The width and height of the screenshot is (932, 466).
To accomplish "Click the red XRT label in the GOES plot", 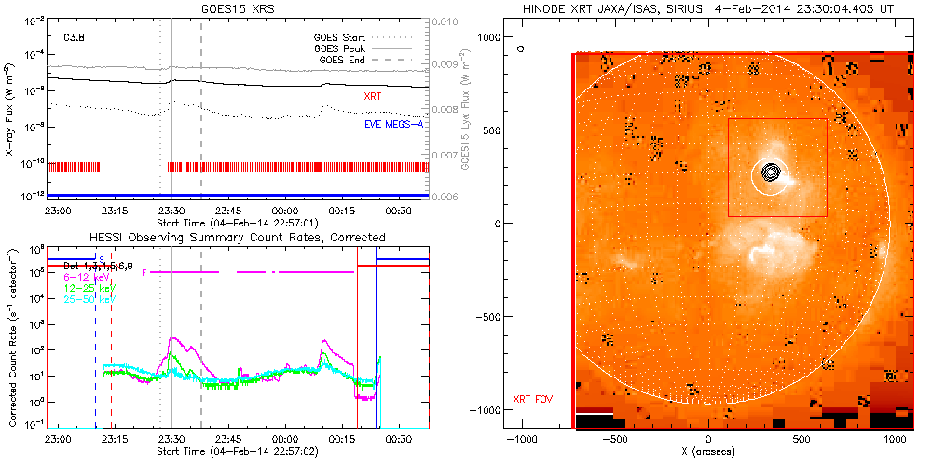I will [373, 96].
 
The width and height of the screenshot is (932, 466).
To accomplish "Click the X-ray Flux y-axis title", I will [10, 108].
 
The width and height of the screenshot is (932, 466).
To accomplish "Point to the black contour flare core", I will [770, 172].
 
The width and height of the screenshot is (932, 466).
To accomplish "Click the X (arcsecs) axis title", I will [709, 452].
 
